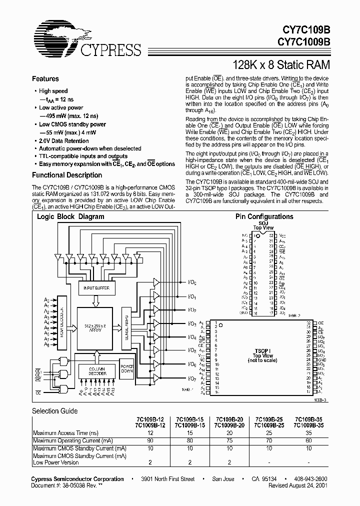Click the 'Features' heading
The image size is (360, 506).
click(45, 79)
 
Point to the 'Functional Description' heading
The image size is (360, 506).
click(67, 175)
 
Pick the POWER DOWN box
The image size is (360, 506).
click(127, 368)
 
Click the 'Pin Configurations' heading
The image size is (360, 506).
click(264, 216)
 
